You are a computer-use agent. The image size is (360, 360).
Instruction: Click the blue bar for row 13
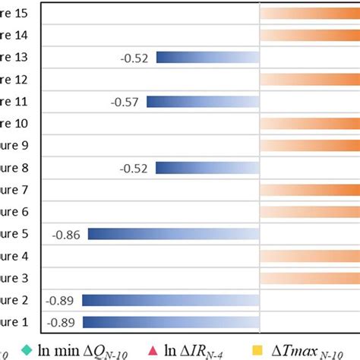(207, 58)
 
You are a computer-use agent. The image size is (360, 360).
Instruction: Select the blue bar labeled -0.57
(203, 102)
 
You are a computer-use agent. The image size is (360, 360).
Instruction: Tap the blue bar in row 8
(207, 168)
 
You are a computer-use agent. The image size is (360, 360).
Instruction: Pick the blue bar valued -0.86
(173, 234)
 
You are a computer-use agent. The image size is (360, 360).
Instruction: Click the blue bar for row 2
(170, 300)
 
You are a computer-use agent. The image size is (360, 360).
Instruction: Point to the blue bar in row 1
(170, 322)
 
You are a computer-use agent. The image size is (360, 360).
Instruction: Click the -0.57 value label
(125, 102)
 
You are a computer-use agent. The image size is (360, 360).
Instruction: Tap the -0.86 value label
(67, 234)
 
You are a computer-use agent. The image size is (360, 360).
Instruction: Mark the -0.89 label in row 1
(61, 322)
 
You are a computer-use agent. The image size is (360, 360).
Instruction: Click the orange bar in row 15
(309, 14)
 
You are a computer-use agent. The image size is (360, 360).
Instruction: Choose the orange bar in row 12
(309, 80)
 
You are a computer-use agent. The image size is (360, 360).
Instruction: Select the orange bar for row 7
(309, 190)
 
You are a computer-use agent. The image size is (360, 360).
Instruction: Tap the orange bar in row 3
(309, 278)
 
